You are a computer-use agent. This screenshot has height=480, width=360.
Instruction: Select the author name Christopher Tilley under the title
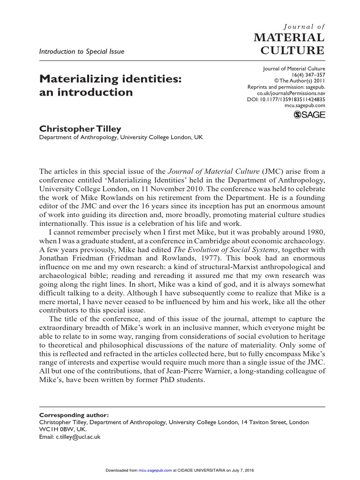[79, 128]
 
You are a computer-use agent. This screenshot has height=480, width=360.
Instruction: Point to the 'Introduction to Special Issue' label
[82, 52]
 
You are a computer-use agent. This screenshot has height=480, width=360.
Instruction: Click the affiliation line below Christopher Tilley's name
[120, 137]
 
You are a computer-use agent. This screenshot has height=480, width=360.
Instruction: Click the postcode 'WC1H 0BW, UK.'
[63, 429]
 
